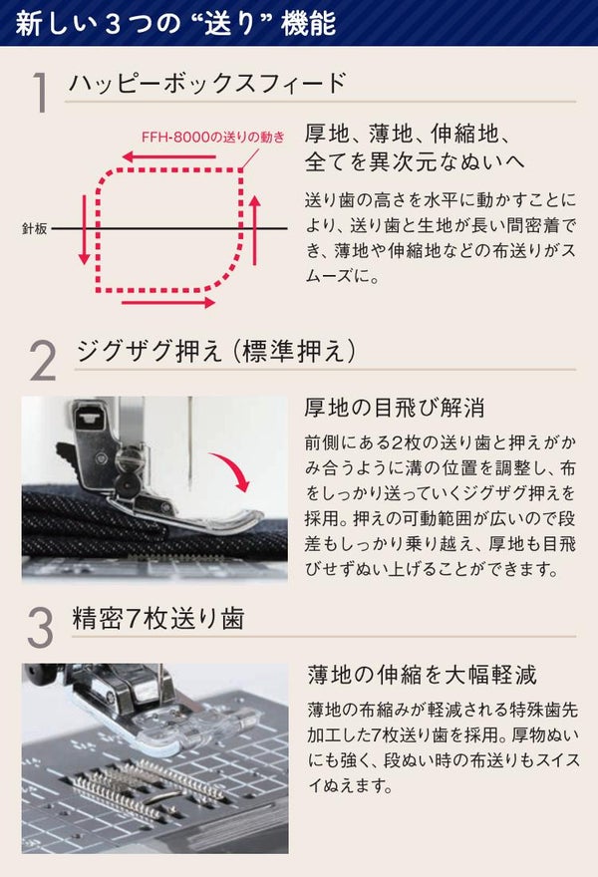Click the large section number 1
click(x=40, y=92)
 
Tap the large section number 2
click(x=43, y=362)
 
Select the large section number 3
click(x=40, y=628)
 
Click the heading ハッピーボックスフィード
click(x=207, y=84)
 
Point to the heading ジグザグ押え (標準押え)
click(x=216, y=351)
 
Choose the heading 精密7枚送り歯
click(x=158, y=619)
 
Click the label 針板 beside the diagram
click(x=34, y=228)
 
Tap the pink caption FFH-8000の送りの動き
click(x=213, y=138)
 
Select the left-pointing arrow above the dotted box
click(x=168, y=156)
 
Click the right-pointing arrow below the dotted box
click(x=168, y=303)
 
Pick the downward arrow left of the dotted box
click(x=84, y=229)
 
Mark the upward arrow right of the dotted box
click(x=255, y=229)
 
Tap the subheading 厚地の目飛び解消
click(x=395, y=408)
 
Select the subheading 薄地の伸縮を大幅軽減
click(x=423, y=675)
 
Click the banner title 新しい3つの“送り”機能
click(x=175, y=23)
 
